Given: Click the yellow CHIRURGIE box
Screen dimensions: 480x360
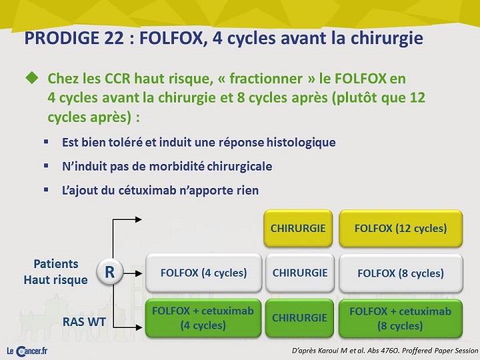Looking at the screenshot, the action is pyautogui.click(x=298, y=229).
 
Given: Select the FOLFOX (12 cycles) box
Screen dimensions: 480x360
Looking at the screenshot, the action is pyautogui.click(x=401, y=229).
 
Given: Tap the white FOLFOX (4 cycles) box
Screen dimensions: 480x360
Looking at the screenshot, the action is pyautogui.click(x=203, y=273).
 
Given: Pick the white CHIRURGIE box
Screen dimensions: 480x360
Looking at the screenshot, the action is pyautogui.click(x=300, y=273).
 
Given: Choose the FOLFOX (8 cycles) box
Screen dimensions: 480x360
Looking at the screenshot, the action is pyautogui.click(x=401, y=273).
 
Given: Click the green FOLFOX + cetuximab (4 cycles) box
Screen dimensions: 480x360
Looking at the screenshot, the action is pyautogui.click(x=203, y=318).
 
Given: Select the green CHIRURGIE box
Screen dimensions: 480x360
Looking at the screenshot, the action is pyautogui.click(x=299, y=318).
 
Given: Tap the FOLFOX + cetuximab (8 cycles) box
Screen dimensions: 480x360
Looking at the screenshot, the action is pyautogui.click(x=401, y=318).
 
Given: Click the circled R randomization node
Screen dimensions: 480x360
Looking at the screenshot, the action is pyautogui.click(x=110, y=272).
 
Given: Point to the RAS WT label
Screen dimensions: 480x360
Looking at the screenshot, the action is pyautogui.click(x=84, y=322).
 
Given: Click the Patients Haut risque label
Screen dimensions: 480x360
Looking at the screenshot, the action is pyautogui.click(x=56, y=272).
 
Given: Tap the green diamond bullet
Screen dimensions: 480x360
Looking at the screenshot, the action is pyautogui.click(x=32, y=78).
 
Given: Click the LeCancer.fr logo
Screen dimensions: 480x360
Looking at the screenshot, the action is pyautogui.click(x=27, y=351).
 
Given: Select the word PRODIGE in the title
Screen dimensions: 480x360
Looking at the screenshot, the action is pyautogui.click(x=62, y=38).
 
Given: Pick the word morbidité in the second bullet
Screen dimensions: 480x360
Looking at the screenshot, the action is pyautogui.click(x=177, y=167).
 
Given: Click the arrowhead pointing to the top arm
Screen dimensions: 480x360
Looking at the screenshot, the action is pyautogui.click(x=139, y=219).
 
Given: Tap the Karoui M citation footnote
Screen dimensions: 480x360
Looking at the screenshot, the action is pyautogui.click(x=385, y=351).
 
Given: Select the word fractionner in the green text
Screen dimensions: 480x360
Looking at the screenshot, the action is pyautogui.click(x=266, y=79).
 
